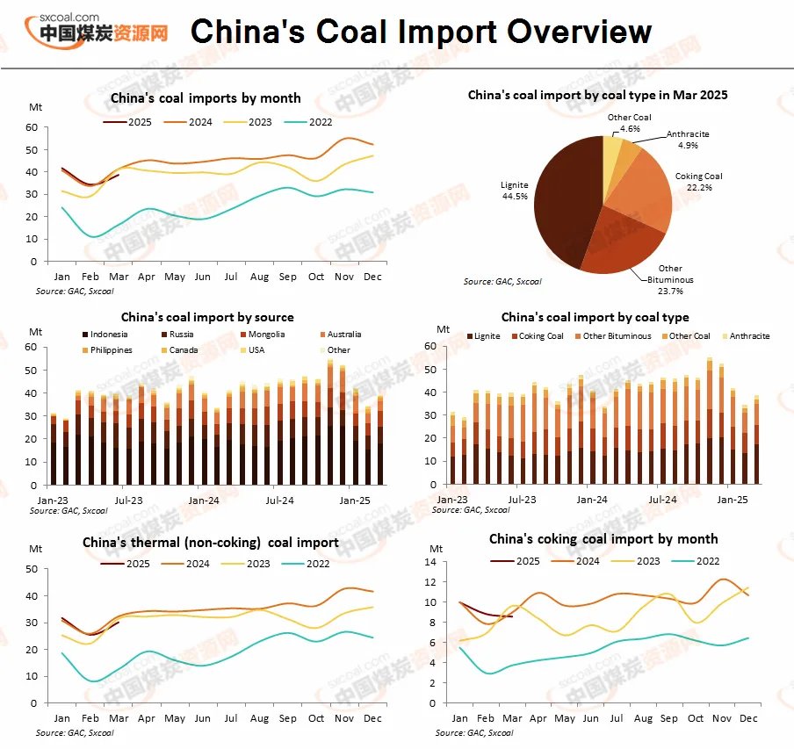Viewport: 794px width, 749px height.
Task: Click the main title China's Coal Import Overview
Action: pos(421,32)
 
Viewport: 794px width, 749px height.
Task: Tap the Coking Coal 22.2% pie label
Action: pos(699,182)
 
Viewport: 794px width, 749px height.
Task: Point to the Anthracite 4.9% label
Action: pos(687,139)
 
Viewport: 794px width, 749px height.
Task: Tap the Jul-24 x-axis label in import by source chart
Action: pos(279,500)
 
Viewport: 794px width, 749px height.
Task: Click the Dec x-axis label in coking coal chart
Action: pos(748,718)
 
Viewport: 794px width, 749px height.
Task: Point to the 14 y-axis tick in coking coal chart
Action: pos(431,562)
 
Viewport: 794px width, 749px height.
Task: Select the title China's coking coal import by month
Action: pos(603,539)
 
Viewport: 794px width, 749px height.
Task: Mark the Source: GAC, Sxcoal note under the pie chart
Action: pos(502,282)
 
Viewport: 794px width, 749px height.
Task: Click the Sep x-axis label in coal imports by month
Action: pos(288,277)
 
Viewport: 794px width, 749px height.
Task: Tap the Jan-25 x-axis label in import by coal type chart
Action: pos(733,499)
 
